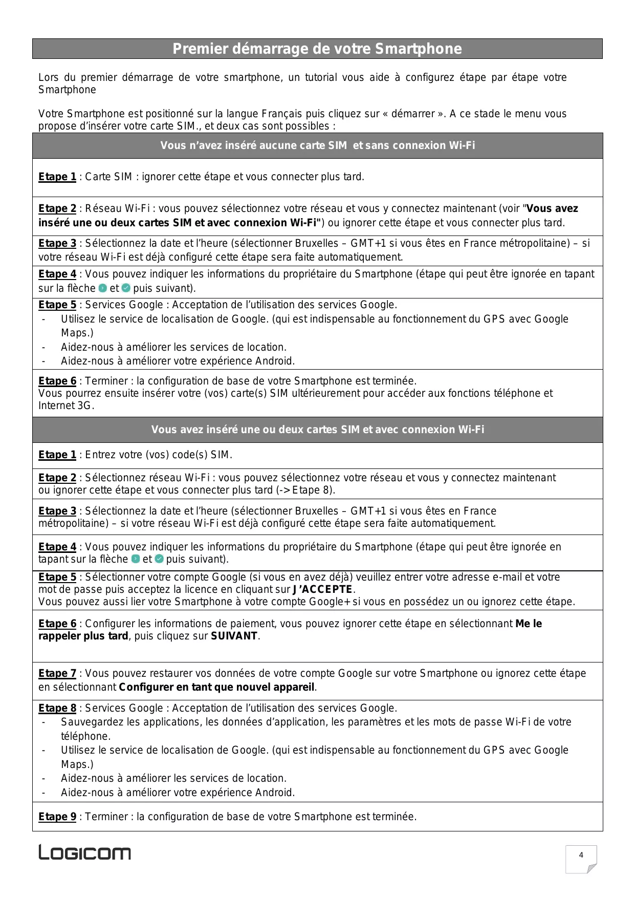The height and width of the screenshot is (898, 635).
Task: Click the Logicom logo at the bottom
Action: point(85,852)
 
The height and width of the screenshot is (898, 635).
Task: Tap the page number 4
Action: point(581,855)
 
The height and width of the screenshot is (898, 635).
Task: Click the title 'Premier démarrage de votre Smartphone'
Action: point(317,49)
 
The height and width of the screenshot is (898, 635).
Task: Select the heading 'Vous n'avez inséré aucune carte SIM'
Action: point(317,145)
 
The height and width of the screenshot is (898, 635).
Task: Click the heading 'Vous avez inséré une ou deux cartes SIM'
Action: point(317,430)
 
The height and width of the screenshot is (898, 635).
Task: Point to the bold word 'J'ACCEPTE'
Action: point(323,589)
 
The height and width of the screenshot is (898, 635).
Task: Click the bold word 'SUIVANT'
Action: point(234,636)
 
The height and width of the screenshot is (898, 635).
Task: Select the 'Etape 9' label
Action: point(57,817)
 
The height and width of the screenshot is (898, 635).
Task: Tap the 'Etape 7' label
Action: point(57,673)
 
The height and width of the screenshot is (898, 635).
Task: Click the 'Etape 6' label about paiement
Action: point(57,624)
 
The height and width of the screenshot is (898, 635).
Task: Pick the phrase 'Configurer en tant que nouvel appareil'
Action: point(217,687)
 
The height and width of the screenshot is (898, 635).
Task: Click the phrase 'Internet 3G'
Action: point(65,406)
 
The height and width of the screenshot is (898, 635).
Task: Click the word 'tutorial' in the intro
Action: point(321,77)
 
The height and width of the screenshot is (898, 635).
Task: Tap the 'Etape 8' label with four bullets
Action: point(57,708)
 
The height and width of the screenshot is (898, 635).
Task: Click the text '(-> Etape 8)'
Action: point(305,490)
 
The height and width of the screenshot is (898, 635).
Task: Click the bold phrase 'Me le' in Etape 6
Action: point(529,624)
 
